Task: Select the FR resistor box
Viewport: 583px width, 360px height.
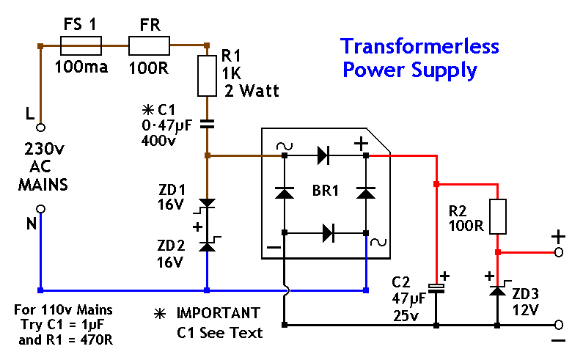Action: tap(150, 47)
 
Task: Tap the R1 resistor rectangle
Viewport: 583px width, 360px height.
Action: tap(207, 77)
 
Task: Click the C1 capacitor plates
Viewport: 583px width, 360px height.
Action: tap(207, 122)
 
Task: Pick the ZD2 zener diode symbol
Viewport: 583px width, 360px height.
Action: tap(208, 246)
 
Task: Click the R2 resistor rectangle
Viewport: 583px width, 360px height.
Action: tap(498, 216)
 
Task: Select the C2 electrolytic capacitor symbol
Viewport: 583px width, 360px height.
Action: tap(436, 287)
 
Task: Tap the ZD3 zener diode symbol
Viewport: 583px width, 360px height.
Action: tap(498, 290)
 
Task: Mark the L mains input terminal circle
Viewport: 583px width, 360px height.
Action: tap(41, 127)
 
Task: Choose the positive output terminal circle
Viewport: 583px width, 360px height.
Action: tap(559, 251)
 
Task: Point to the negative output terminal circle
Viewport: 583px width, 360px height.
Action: tap(559, 324)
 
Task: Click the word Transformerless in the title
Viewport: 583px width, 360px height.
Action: tap(419, 47)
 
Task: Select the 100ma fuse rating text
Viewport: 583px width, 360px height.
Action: tap(81, 68)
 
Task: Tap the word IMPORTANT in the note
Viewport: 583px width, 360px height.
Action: tap(218, 313)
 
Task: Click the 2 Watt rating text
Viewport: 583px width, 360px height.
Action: tap(252, 92)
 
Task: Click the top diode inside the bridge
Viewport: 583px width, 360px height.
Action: tap(323, 155)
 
